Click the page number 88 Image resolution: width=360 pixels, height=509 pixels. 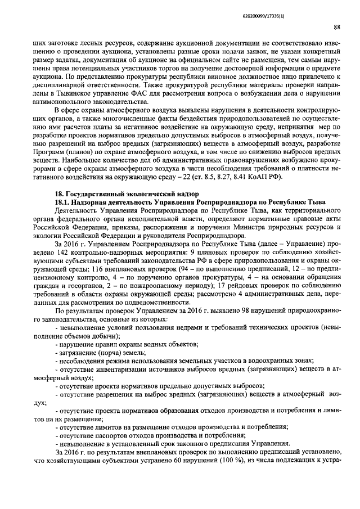point(336,26)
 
